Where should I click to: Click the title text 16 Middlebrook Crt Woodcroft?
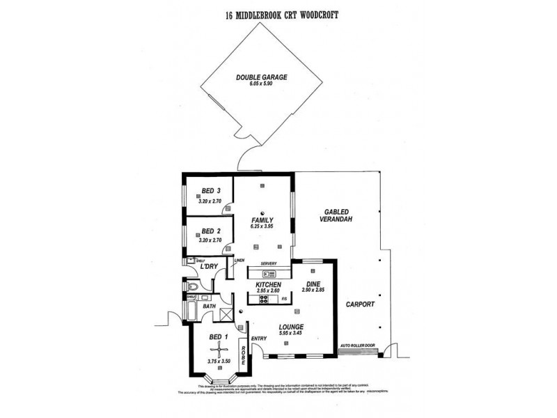279,16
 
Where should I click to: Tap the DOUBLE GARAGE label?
261,77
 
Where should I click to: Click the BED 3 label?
211,192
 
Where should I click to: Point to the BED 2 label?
211,231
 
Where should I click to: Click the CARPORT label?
360,304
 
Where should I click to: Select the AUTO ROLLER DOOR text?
359,345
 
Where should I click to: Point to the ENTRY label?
259,339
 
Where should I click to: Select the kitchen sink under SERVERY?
268,274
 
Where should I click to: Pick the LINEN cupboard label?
240,261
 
